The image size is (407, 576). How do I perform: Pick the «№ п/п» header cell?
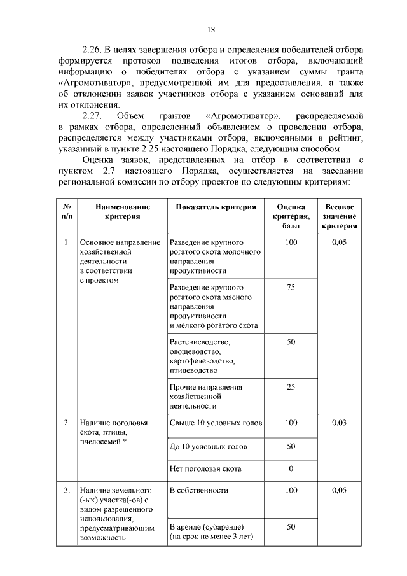click(x=67, y=212)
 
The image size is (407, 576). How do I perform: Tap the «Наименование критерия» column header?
click(x=123, y=212)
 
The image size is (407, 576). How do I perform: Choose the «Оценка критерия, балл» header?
click(x=291, y=216)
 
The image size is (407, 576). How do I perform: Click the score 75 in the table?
click(x=291, y=288)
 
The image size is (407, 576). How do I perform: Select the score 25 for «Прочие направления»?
click(x=291, y=386)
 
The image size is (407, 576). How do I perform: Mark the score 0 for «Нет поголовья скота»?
click(x=291, y=469)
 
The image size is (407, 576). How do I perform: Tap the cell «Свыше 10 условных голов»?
click(x=207, y=422)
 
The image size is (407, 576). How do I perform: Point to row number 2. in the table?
click(x=67, y=422)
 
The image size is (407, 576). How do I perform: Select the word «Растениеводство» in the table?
click(x=200, y=342)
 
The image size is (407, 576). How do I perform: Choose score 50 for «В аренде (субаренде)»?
click(x=291, y=527)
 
